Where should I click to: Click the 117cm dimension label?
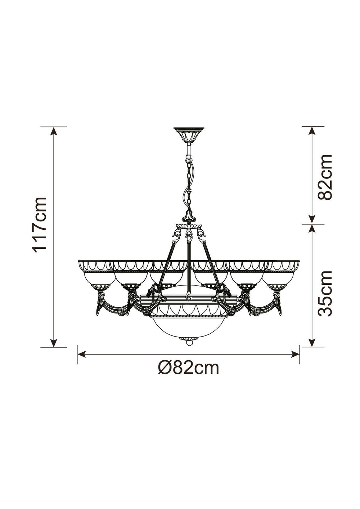pyautogui.click(x=40, y=224)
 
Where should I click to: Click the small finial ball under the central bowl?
pyautogui.click(x=188, y=343)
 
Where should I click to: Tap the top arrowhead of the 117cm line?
pyautogui.click(x=54, y=131)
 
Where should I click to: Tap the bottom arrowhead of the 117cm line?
pyautogui.click(x=54, y=343)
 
